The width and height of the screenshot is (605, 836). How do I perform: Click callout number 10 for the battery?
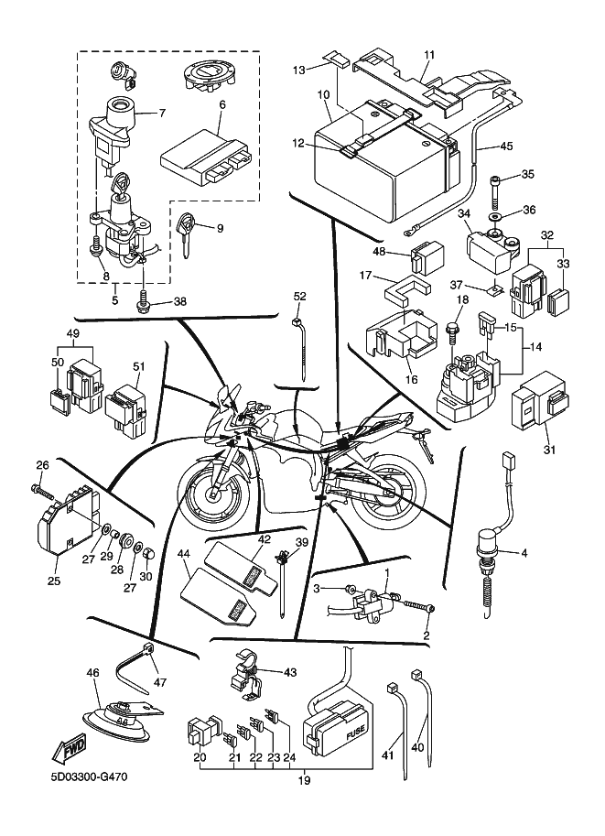point(323,95)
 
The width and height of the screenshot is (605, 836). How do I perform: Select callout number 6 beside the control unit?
point(221,105)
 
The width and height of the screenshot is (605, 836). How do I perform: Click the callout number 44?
point(184,553)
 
